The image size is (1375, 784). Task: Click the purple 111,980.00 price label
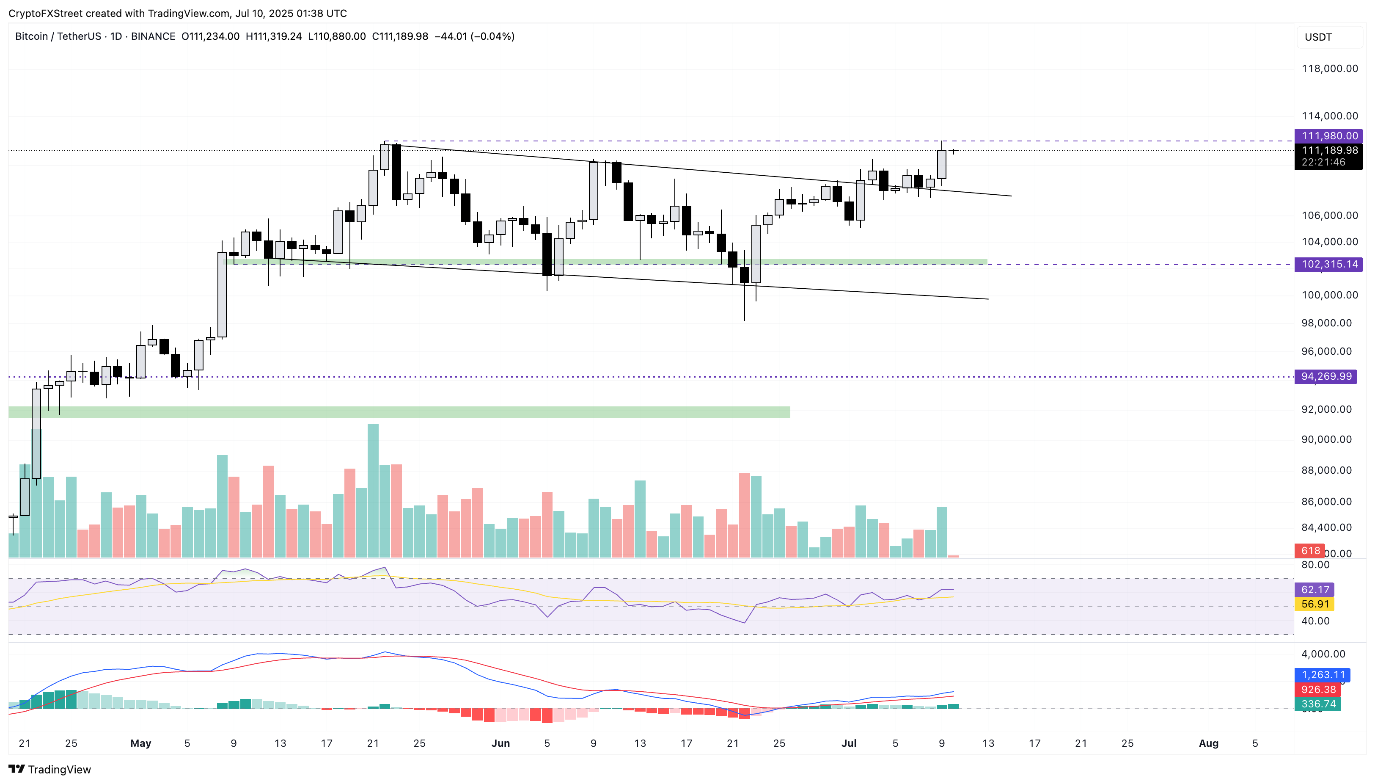click(x=1328, y=136)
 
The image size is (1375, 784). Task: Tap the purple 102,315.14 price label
click(x=1328, y=265)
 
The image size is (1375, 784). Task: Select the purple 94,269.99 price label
click(x=1325, y=376)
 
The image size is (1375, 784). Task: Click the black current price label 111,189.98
click(x=1328, y=151)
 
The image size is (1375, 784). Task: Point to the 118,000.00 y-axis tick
click(x=1329, y=69)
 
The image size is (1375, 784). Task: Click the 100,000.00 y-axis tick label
click(x=1329, y=295)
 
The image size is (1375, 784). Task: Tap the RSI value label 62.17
click(x=1315, y=590)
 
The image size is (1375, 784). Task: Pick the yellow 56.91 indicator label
click(x=1315, y=604)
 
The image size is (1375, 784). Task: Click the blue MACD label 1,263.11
click(x=1323, y=675)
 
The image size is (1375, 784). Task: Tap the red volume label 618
click(x=1310, y=550)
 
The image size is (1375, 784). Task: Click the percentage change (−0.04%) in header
click(x=492, y=36)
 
